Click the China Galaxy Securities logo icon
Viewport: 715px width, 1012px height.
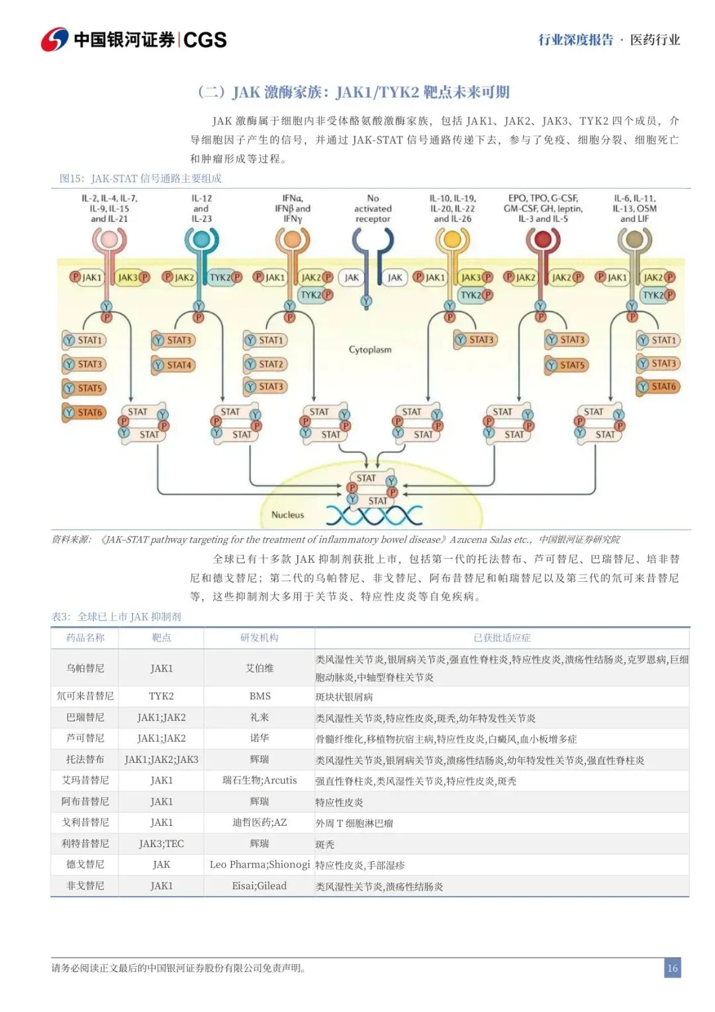coord(54,39)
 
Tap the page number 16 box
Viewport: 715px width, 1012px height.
coord(672,968)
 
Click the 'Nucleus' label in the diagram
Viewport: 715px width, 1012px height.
coord(287,514)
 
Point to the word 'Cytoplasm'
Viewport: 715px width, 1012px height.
coord(370,349)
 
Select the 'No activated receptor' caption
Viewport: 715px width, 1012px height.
coord(373,208)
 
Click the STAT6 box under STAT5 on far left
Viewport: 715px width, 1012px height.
coord(84,412)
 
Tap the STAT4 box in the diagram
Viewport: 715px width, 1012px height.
coord(173,365)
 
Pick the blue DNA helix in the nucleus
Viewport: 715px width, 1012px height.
coord(373,515)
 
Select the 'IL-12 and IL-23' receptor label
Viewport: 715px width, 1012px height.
coord(201,208)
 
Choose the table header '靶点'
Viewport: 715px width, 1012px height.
coord(162,638)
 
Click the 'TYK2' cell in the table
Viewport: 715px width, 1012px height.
coord(162,696)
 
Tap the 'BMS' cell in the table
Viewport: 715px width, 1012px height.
coord(260,696)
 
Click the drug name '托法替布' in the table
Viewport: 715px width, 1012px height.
coord(85,759)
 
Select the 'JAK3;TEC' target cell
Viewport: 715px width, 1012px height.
coord(162,844)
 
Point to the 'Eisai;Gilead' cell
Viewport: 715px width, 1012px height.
coord(260,885)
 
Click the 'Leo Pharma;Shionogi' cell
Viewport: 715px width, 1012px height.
coord(260,864)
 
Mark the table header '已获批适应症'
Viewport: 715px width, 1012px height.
coord(502,638)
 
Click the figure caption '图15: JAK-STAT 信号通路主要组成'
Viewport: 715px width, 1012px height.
coord(140,178)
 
